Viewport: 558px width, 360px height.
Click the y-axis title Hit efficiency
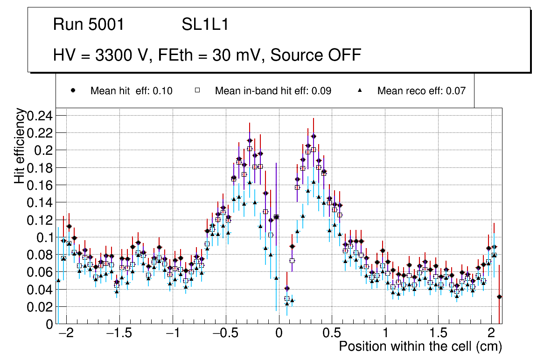point(20,146)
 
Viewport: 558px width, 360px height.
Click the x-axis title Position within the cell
point(420,346)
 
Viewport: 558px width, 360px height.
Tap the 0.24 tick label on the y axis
point(41,116)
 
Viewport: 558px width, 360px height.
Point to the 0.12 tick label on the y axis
point(41,220)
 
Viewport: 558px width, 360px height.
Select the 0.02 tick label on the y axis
point(41,307)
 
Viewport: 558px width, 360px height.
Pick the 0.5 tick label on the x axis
point(332,334)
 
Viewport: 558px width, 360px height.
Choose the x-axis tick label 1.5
point(438,334)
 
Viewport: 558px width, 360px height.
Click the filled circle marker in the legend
point(73,90)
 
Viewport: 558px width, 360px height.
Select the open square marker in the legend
point(197,90)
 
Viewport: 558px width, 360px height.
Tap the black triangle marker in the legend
point(360,90)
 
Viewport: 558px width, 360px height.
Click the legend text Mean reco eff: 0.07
point(421,91)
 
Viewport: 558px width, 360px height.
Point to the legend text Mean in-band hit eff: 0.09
point(273,91)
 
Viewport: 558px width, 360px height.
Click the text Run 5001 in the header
point(89,25)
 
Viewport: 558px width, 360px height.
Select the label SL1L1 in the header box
point(205,25)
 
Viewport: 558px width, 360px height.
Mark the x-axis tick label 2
point(491,334)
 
